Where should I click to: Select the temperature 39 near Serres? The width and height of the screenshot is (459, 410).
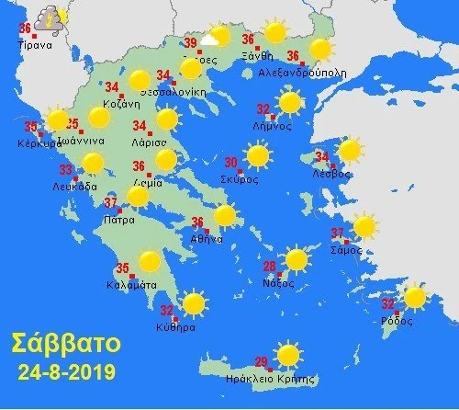pos(191,43)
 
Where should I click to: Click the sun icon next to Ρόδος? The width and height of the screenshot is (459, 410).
pos(415,298)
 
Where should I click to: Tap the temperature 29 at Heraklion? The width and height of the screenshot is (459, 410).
pos(260,361)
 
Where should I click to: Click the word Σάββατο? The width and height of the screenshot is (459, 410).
pos(65,346)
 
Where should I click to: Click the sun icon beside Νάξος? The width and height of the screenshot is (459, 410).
pos(296,259)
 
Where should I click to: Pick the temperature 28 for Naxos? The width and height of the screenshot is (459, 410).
pos(270,268)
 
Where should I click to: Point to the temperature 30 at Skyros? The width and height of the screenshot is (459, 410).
pos(231,164)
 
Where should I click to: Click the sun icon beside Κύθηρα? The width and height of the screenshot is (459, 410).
pos(193,303)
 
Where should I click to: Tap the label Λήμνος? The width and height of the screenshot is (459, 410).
pos(273,126)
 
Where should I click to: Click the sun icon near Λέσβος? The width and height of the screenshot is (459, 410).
pos(350,151)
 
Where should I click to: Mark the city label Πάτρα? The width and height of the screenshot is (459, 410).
pos(120,221)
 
